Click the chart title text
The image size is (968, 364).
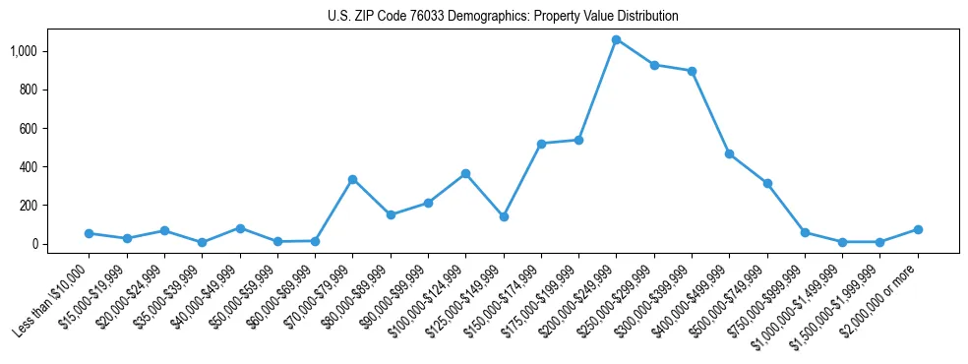click(x=503, y=17)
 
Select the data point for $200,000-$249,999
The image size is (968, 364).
click(x=616, y=39)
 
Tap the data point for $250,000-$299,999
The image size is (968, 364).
click(x=654, y=65)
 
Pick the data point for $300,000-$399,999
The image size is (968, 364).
click(x=692, y=71)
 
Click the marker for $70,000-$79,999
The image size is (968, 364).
click(x=352, y=179)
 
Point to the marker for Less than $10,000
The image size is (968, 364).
click(x=89, y=233)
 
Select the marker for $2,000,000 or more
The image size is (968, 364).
click(x=918, y=229)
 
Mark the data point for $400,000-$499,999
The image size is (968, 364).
click(x=729, y=153)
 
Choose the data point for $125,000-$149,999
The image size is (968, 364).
click(x=504, y=216)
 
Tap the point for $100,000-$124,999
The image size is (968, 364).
click(x=465, y=173)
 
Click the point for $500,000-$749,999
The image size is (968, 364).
click(x=767, y=183)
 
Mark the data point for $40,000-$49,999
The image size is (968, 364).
click(x=239, y=228)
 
